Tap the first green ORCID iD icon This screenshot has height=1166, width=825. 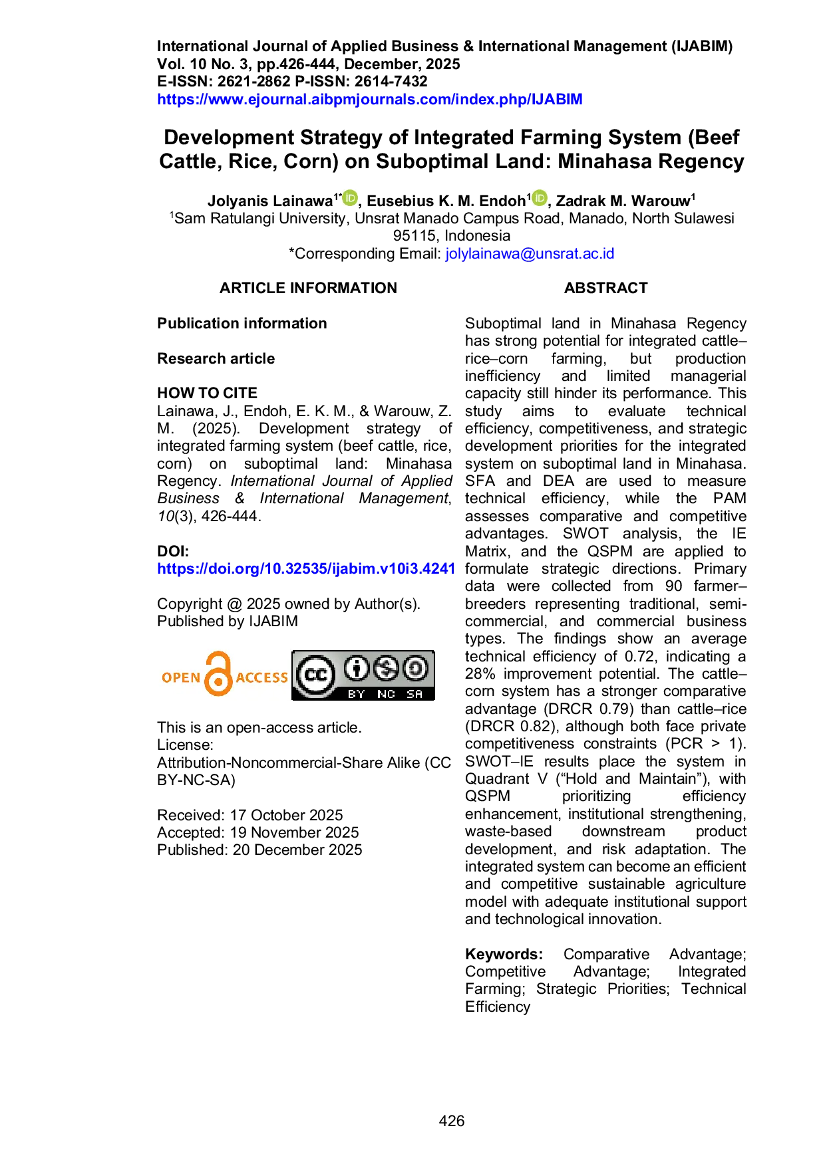pos(350,197)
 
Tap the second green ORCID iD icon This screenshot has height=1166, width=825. pos(539,197)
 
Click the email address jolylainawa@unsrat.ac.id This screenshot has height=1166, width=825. pos(530,253)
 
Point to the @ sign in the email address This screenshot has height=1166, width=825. pos(529,253)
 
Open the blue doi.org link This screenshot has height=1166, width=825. pos(306,568)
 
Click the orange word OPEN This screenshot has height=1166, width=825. pos(181,677)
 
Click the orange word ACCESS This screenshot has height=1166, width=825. pos(261,677)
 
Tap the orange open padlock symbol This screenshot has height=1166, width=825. pos(218,674)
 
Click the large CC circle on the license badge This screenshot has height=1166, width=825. pos(315,675)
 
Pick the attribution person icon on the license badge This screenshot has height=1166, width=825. pos(357,668)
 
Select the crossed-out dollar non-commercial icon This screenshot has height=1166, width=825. pos(386,668)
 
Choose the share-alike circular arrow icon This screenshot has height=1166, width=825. pos(416,668)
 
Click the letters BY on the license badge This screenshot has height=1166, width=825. pos(357,694)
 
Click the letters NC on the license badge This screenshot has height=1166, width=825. pos(386,694)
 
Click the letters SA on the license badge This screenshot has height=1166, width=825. pos(414,694)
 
